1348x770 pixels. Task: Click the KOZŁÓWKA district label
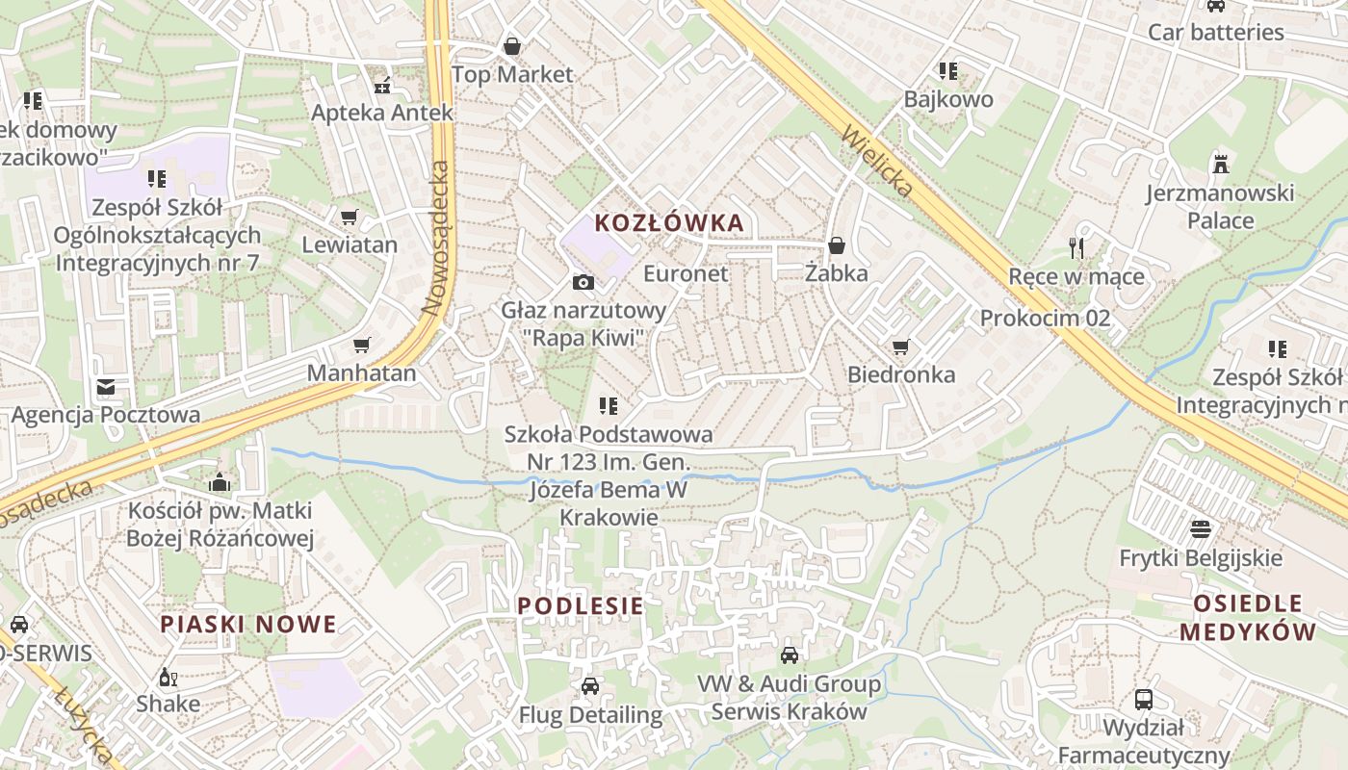(669, 223)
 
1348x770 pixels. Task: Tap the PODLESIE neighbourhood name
(581, 605)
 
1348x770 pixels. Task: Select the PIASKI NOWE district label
(248, 624)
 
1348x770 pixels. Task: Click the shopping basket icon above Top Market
(512, 46)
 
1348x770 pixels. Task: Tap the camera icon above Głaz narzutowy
(583, 282)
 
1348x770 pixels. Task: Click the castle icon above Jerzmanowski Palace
(1221, 163)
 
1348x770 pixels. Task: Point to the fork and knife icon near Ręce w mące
(1076, 248)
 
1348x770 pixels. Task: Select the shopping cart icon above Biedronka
(900, 346)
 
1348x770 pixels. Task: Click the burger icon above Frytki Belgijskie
(1200, 528)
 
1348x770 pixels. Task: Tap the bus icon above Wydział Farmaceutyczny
(1144, 699)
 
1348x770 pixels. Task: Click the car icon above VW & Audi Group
(789, 655)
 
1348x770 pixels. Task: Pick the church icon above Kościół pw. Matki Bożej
(220, 481)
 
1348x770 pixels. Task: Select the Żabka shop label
(836, 273)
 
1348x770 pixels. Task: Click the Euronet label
(686, 273)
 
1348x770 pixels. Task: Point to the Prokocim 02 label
(1045, 318)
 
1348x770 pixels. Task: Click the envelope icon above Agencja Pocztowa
(105, 387)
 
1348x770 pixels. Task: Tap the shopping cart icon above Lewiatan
(349, 218)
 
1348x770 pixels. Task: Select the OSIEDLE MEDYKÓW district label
(1247, 618)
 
